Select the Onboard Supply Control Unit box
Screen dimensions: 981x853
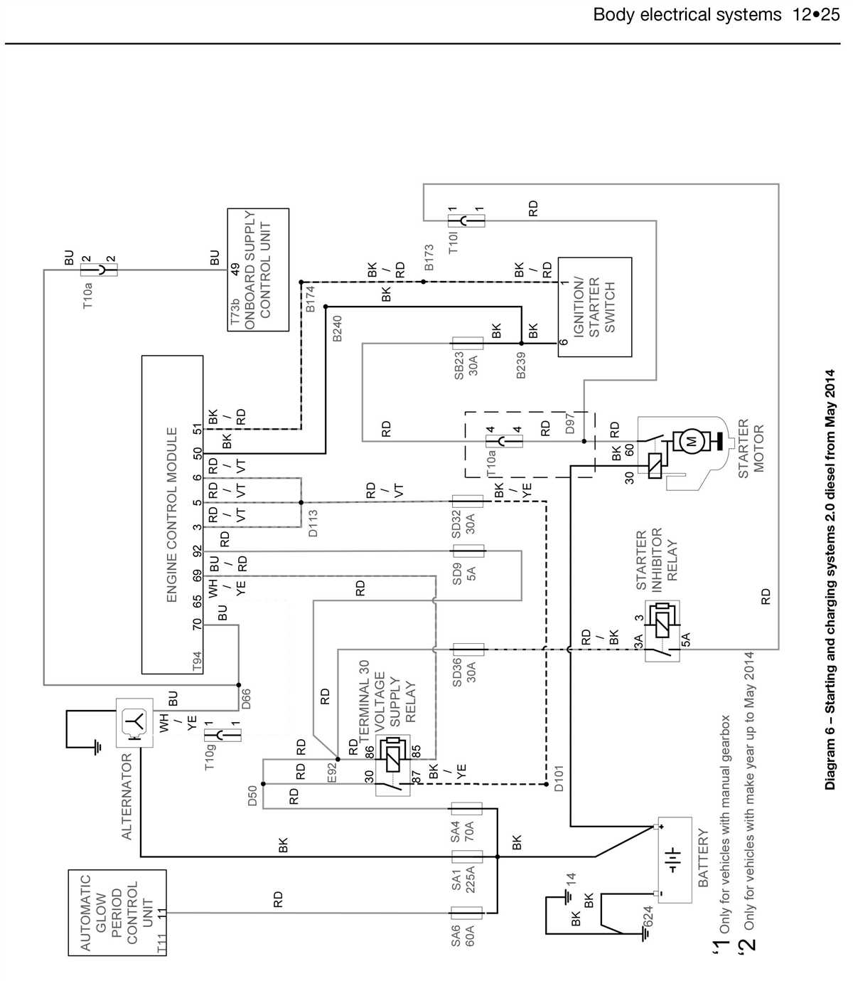257,270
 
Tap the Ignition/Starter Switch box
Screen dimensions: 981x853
594,307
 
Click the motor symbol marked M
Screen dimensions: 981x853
690,442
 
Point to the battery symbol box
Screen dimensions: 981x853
674,859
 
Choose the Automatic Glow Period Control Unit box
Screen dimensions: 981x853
117,912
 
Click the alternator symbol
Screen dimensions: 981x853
134,723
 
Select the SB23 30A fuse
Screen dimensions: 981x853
468,344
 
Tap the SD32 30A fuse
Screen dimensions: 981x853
468,501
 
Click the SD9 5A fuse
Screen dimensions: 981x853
468,551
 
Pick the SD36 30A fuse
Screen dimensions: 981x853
468,649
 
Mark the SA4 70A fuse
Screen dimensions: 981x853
466,808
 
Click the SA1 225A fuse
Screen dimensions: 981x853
466,857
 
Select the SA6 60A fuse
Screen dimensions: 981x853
466,913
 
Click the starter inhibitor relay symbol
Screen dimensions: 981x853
662,631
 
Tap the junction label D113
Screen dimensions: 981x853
313,523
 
